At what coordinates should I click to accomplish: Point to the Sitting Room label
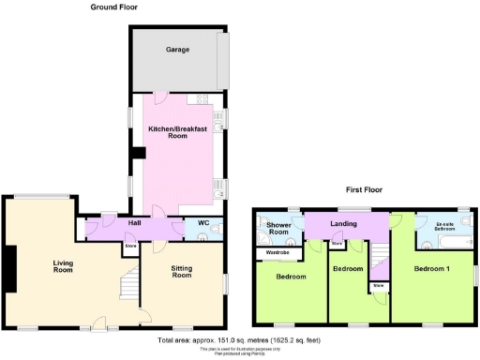coord(181,272)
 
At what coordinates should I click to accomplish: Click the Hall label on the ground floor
coord(134,223)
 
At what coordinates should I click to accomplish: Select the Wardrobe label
coord(277,252)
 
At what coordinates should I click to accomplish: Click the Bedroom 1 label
coord(432,268)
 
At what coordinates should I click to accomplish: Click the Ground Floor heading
coord(114,7)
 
